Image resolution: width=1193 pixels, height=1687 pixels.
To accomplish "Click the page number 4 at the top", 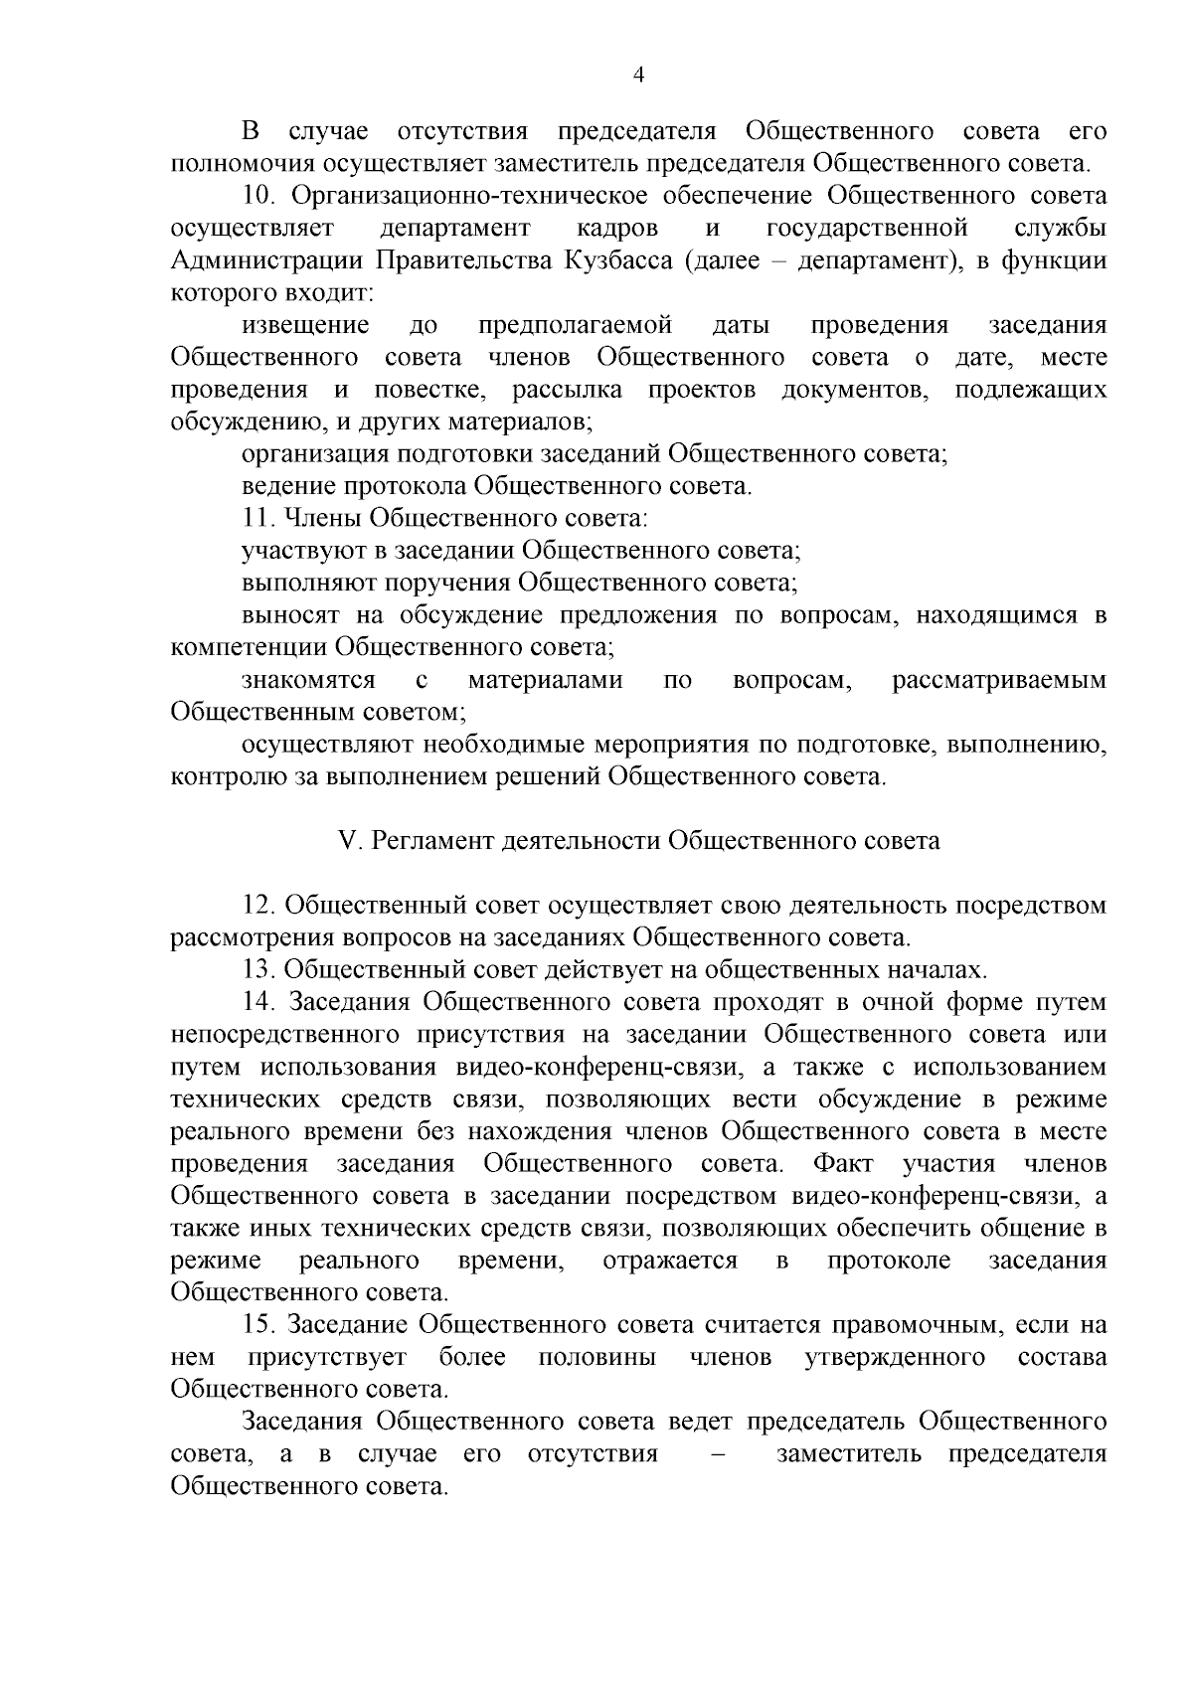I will (x=639, y=76).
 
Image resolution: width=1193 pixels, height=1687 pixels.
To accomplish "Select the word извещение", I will (x=306, y=326).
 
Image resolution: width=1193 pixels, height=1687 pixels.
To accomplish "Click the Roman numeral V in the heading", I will (x=348, y=841).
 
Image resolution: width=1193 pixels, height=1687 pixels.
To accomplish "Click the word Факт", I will (x=842, y=1163).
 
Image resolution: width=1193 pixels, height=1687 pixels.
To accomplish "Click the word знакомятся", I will (x=308, y=680).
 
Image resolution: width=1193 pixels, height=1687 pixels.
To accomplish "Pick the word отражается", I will (x=670, y=1261).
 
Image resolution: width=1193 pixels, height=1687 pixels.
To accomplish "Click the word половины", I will (x=596, y=1358).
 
